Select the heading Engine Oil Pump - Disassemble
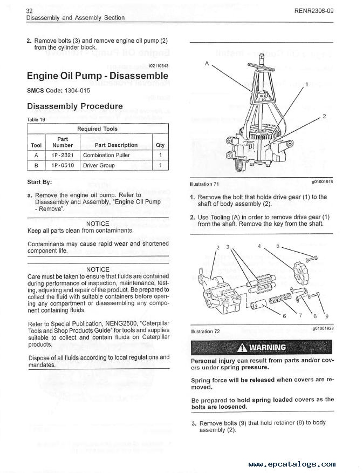pos(98,76)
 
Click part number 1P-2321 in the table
pos(63,155)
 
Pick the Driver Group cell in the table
pos(99,165)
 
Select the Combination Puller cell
pos(106,155)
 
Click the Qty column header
pos(160,145)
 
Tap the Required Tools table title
pos(97,129)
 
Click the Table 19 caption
pos(37,119)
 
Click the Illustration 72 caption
pos(205,331)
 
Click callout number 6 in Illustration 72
pos(285,316)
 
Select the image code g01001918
pos(322,182)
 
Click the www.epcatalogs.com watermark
pos(292,464)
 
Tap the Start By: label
pos(39,181)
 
